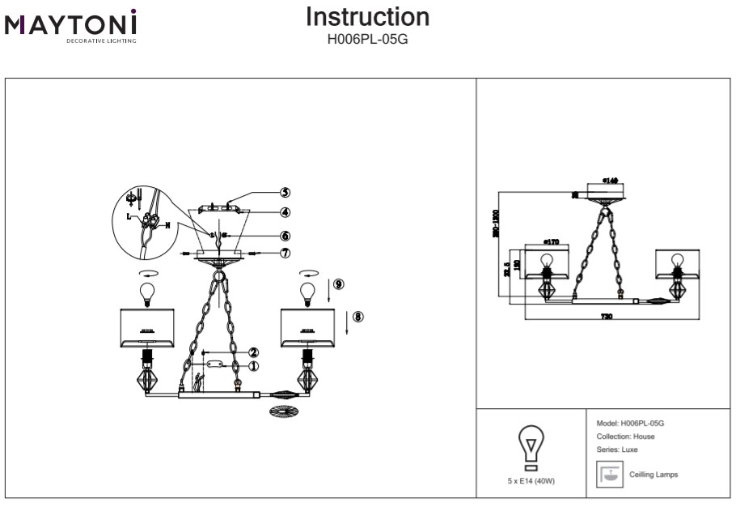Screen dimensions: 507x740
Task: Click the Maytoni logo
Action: tap(71, 24)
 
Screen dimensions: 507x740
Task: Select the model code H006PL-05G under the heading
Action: tap(368, 36)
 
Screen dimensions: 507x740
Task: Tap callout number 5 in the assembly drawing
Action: tap(285, 192)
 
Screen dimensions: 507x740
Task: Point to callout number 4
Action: tap(285, 212)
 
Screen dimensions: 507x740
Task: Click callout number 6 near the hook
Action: tap(285, 236)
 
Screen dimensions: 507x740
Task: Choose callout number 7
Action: tap(285, 253)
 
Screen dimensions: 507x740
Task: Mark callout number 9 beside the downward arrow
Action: tap(338, 283)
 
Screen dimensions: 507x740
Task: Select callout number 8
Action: tap(358, 316)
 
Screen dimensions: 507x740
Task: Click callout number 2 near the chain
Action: tap(254, 352)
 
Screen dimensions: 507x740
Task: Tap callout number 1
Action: tap(254, 366)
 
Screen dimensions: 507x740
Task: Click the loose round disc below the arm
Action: tap(282, 412)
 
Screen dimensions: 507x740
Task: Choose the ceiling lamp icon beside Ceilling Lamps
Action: tap(607, 474)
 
